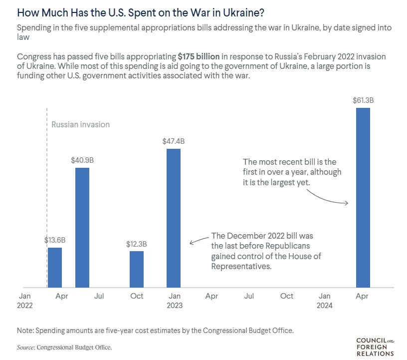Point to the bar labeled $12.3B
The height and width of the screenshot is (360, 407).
click(x=137, y=269)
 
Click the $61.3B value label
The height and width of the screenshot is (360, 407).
click(x=363, y=100)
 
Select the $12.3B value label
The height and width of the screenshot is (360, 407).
click(x=137, y=244)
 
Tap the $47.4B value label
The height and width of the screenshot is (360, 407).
click(x=173, y=141)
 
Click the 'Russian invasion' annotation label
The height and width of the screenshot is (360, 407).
click(x=80, y=124)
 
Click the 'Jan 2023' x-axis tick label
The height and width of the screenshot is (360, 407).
click(x=175, y=301)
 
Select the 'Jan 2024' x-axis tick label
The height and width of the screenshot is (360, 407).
click(x=324, y=301)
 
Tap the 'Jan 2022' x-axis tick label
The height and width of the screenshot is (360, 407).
click(x=25, y=301)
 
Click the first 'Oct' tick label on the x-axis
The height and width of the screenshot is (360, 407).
click(x=137, y=296)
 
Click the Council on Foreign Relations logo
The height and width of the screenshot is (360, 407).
click(x=375, y=347)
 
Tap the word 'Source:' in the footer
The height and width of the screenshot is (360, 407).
click(x=23, y=346)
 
